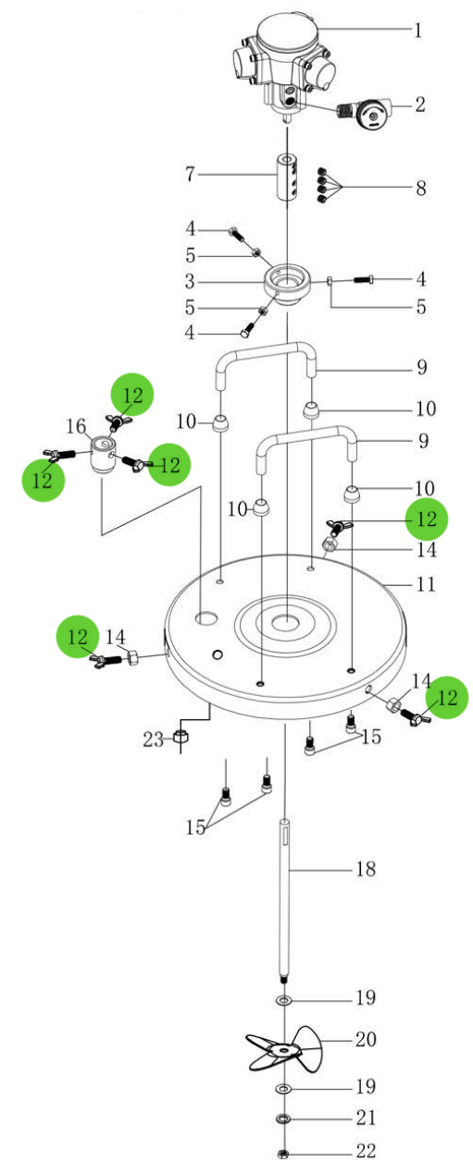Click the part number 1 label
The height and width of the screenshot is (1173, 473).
418,31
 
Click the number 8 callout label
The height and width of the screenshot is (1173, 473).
420,188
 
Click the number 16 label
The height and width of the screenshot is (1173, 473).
76,427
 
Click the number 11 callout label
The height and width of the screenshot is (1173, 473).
425,584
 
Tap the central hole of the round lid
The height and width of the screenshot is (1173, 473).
286,622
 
